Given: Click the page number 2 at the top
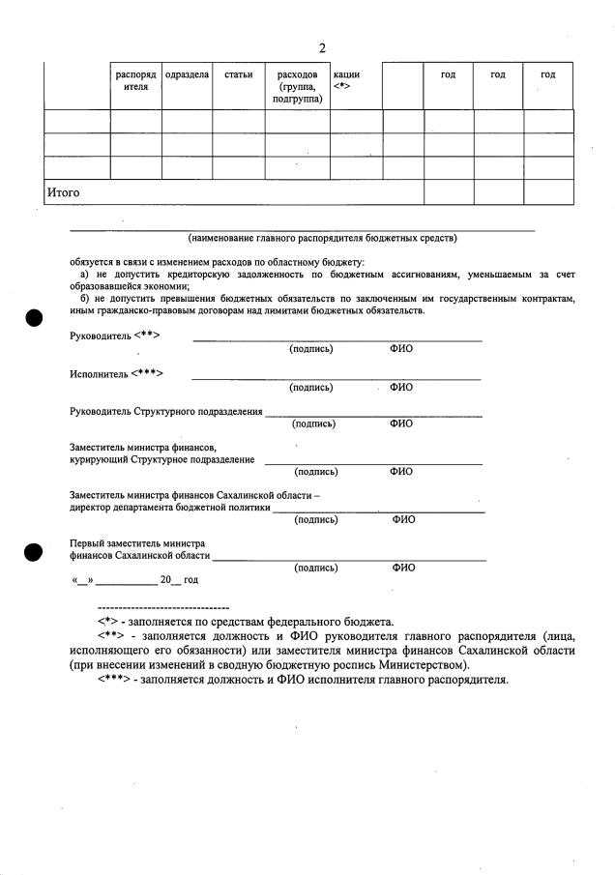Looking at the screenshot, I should click(x=322, y=48).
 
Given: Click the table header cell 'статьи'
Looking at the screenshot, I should click(x=238, y=74).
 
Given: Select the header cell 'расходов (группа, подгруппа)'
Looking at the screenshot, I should click(x=297, y=86).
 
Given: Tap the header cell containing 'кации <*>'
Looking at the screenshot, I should click(x=345, y=80).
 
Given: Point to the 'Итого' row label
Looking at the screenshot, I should click(x=64, y=192).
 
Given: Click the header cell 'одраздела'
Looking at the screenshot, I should click(x=187, y=74).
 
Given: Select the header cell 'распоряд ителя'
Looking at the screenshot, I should click(x=135, y=80).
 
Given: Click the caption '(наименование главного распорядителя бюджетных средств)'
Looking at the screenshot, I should click(x=322, y=238).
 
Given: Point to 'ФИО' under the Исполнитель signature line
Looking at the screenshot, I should click(x=400, y=388).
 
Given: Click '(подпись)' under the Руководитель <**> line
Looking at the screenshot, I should click(x=310, y=349).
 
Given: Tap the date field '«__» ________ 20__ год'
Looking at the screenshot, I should click(x=134, y=579).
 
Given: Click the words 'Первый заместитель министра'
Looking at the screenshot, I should click(x=137, y=543).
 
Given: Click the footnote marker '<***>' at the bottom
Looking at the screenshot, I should click(x=114, y=680).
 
